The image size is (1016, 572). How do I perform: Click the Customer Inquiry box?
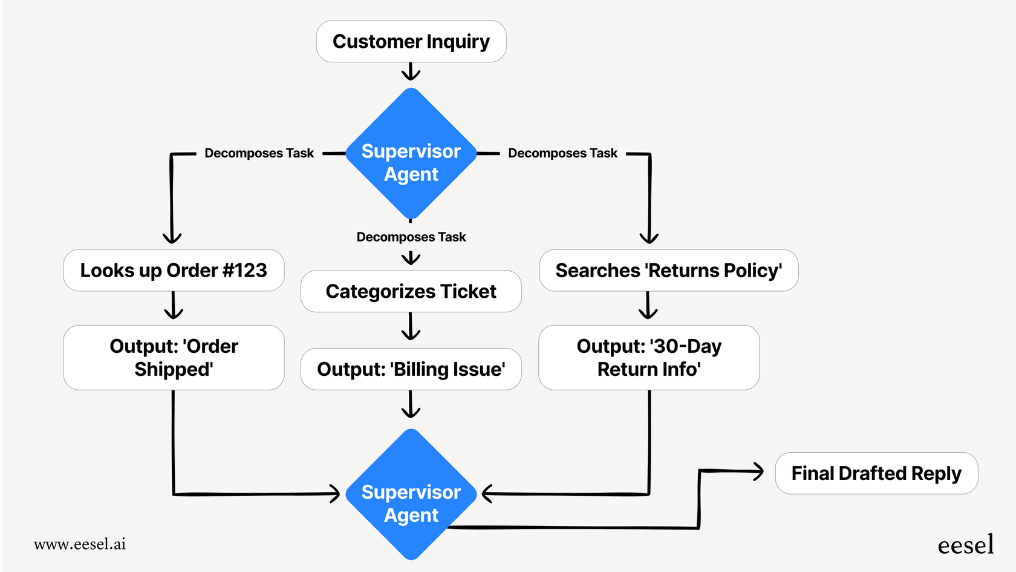[411, 41]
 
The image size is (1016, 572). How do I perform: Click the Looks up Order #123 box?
[174, 271]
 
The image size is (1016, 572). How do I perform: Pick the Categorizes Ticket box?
[411, 291]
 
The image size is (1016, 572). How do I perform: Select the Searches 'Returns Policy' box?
[668, 271]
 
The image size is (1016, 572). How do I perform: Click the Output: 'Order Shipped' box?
[174, 358]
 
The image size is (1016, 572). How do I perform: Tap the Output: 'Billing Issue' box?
[411, 369]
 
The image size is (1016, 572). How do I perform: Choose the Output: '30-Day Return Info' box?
[649, 358]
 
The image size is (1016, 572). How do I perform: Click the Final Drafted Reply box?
[876, 473]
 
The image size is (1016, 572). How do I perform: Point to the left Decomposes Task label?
[259, 153]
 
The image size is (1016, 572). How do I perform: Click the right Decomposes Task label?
[562, 153]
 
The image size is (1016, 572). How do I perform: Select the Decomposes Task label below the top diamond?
[411, 237]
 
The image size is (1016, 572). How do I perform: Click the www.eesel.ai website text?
[80, 544]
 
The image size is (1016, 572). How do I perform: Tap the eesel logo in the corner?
[965, 545]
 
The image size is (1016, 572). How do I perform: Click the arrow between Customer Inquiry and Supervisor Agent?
[411, 72]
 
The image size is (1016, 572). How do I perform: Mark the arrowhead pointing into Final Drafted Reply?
[758, 471]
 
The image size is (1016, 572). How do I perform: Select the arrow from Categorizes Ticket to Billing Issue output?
[411, 327]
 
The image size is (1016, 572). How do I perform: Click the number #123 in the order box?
[245, 271]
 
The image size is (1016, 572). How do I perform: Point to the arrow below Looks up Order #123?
[174, 306]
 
